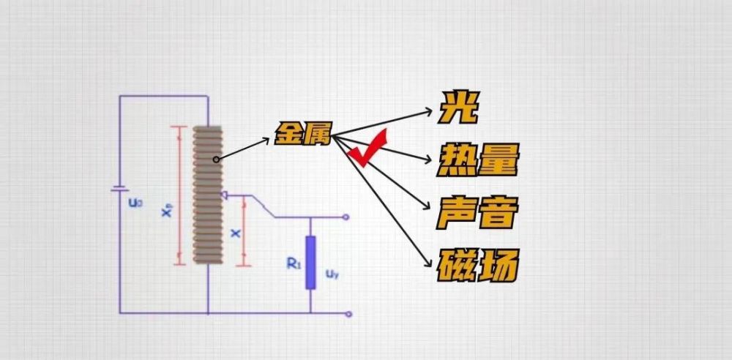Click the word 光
(458, 109)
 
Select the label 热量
(478, 160)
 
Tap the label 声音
(478, 212)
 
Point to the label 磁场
(478, 266)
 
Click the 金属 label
(304, 135)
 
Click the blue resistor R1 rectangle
(310, 263)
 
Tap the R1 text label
(294, 263)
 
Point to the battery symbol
(120, 190)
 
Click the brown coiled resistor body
(208, 195)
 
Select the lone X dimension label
(236, 232)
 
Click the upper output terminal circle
(346, 217)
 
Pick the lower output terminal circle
(348, 314)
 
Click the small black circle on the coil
(216, 160)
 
